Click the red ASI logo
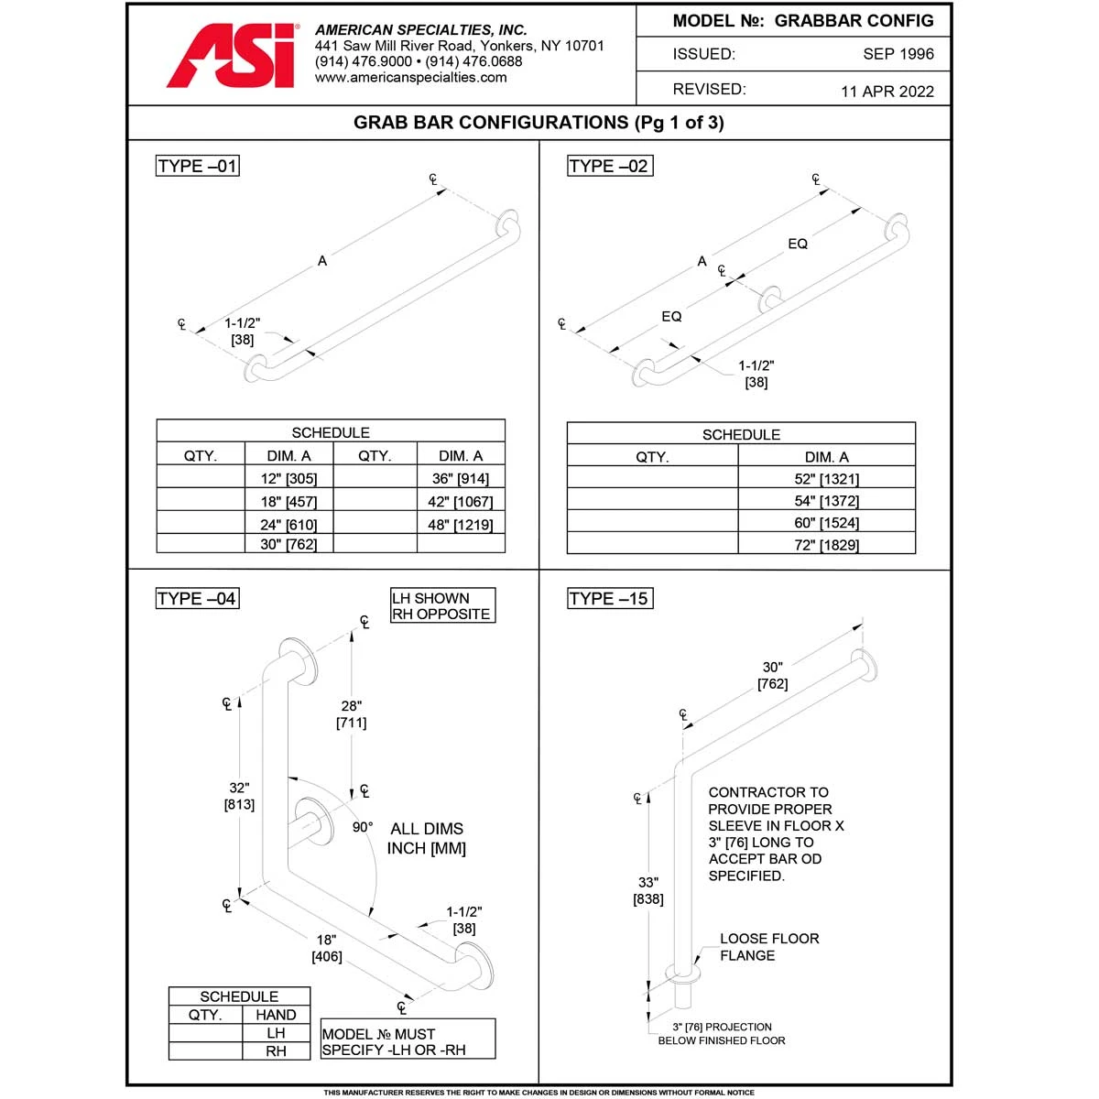point(233,57)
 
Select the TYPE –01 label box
point(198,166)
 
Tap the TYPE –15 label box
point(609,599)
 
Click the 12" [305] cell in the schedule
point(288,478)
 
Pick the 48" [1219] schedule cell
point(461,525)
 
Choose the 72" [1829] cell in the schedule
point(826,545)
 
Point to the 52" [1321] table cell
point(826,479)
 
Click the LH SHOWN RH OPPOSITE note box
point(442,606)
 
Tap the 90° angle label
point(363,827)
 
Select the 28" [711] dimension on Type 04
point(352,714)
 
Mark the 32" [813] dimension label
point(239,796)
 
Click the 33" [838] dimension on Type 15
point(648,890)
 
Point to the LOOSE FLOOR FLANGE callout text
point(768,947)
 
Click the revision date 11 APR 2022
point(887,91)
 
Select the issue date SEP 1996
point(898,54)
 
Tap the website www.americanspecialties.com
point(410,78)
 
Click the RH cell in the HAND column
point(276,1051)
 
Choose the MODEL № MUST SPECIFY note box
point(408,1041)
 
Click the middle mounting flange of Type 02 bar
point(770,299)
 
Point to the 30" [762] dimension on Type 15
point(772,676)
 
